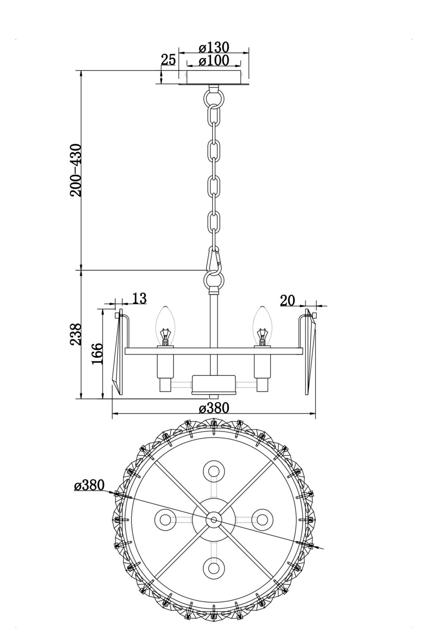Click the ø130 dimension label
pos(213,47)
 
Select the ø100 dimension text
pos(213,60)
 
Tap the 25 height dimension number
pos(168,60)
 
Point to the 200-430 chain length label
pos(76,170)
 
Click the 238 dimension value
pos(76,334)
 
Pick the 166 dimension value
pos(97,354)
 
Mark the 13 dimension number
pos(139,298)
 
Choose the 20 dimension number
pos(287,300)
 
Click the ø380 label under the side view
pos(213,408)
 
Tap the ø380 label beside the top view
pos(90,486)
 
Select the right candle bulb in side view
pos(262,326)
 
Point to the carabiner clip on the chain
pos(214,259)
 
